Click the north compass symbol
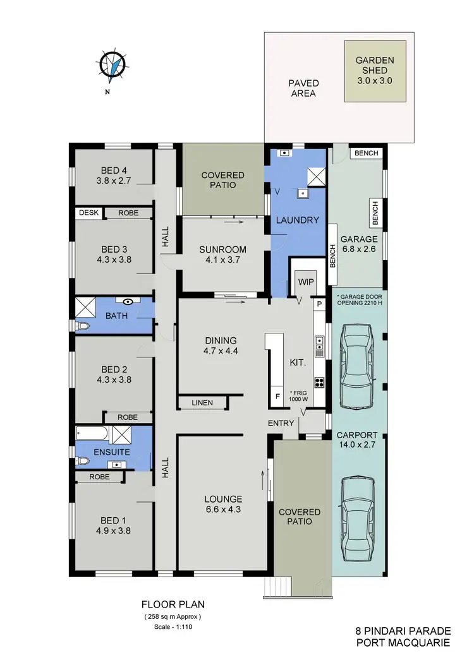coord(111,66)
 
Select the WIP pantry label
coord(306,282)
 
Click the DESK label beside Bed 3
coord(88,213)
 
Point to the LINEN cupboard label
coord(202,402)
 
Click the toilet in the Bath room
coord(82,326)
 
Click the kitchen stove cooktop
coord(320,381)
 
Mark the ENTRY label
coord(281,422)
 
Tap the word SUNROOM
coord(222,249)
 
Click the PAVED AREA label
coord(303,88)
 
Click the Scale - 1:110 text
coord(172,626)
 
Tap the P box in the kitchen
coord(319,304)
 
